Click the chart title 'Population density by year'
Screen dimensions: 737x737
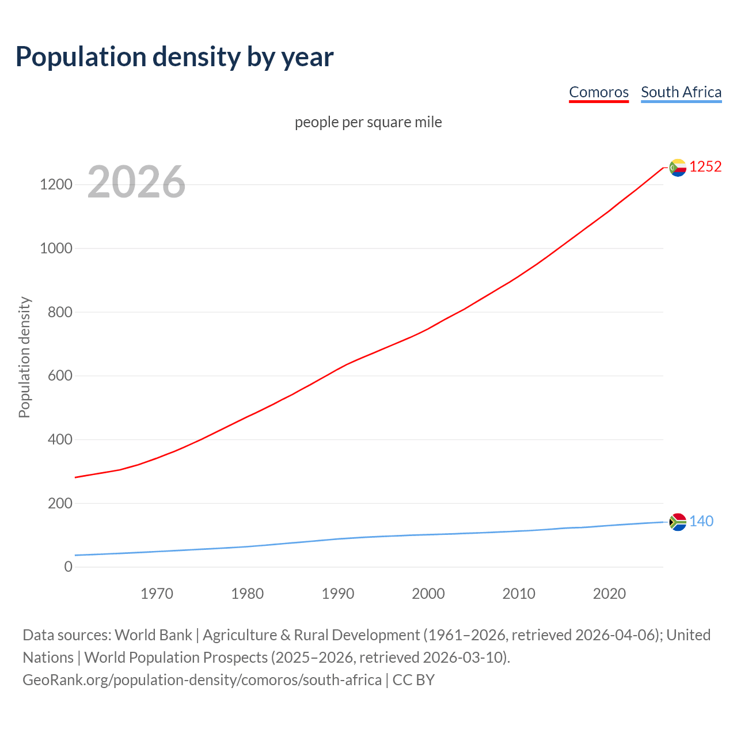[174, 57]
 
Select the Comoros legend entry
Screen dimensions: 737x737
[598, 92]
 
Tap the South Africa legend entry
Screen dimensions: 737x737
[681, 92]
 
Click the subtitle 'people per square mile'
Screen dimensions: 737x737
[368, 123]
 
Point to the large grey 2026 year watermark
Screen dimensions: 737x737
[136, 182]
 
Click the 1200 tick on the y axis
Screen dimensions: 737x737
[56, 185]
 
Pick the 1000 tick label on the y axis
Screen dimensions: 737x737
[56, 249]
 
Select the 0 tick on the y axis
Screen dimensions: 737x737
[69, 567]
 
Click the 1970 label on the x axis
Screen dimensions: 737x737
[157, 594]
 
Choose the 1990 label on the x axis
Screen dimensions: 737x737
[338, 594]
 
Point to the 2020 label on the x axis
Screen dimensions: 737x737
[609, 594]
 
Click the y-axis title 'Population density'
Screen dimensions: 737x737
[24, 357]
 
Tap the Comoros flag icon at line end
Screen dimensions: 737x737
[678, 168]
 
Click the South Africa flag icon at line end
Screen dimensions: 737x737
[678, 522]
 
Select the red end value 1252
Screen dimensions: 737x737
[705, 167]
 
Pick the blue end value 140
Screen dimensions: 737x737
[701, 522]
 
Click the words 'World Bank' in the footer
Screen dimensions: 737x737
[153, 635]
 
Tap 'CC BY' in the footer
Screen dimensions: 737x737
[413, 680]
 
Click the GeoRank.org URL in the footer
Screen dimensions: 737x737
[202, 680]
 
